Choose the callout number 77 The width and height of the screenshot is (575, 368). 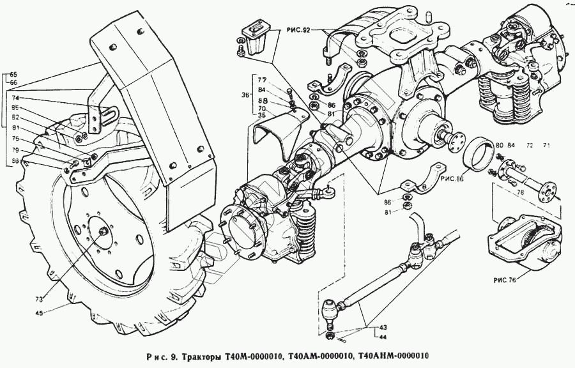(x=261, y=80)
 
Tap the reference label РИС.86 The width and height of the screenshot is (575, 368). (x=451, y=182)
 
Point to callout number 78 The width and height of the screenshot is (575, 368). (x=521, y=192)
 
